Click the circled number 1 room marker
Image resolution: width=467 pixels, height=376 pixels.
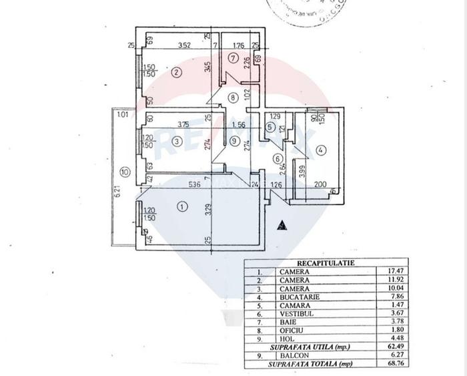click(x=183, y=207)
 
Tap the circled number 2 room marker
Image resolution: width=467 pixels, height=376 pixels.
click(x=176, y=72)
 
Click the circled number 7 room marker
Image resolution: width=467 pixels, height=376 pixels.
click(x=232, y=58)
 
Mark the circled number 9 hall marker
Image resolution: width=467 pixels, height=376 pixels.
click(x=233, y=141)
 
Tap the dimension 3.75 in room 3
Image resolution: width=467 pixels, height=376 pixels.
click(x=185, y=124)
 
